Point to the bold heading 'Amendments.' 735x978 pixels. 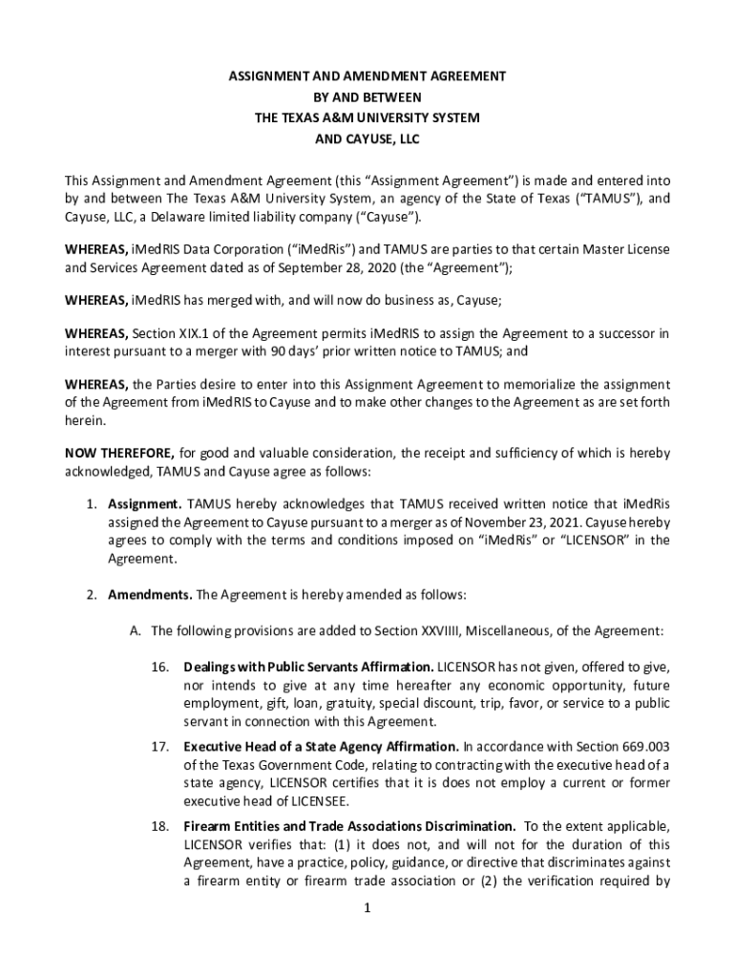pyautogui.click(x=150, y=594)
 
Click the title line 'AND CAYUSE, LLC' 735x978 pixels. pyautogui.click(x=367, y=139)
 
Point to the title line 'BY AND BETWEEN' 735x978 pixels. pyautogui.click(x=367, y=96)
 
